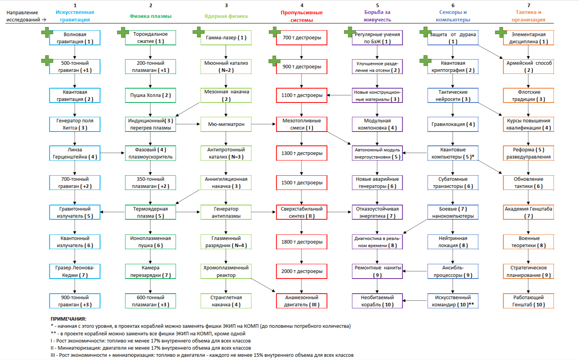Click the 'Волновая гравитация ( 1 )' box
[75, 38]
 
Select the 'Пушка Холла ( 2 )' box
[150, 95]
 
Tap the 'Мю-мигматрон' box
[226, 124]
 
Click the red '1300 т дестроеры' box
[302, 153]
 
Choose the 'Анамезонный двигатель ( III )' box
[302, 301]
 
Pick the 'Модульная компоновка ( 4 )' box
[377, 124]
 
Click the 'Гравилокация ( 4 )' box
[453, 124]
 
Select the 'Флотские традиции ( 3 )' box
[529, 95]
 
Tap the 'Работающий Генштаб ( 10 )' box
[529, 301]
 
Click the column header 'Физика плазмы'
[151, 16]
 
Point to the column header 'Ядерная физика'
[226, 16]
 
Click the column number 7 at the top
[529, 6]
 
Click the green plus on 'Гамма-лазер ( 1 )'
[198, 32]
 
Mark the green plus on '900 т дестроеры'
[274, 61]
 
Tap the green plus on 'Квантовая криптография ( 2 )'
[425, 61]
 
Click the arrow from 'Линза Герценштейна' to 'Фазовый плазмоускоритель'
[112, 153]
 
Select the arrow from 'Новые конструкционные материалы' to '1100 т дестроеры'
[339, 95]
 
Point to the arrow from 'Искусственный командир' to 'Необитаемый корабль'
[415, 301]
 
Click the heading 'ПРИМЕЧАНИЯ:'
[68, 319]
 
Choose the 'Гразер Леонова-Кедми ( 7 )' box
[75, 271]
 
